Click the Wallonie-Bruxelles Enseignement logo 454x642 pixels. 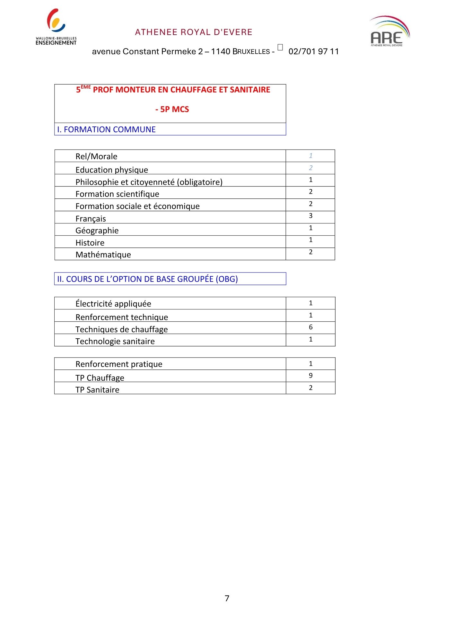pos(56,27)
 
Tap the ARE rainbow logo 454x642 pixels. pos(389,31)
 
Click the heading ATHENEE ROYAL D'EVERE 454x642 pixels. pos(194,32)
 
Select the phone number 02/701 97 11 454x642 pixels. pos(313,51)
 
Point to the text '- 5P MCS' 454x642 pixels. pos(172,109)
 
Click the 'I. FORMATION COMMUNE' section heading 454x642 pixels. pos(106,129)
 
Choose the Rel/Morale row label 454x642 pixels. pos(96,156)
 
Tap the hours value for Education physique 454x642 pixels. pos(310,168)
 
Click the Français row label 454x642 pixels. pos(91,219)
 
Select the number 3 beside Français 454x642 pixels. pos(310,216)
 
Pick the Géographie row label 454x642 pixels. pos(97,230)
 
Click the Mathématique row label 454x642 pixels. pos(103,255)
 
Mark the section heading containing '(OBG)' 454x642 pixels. pos(147,279)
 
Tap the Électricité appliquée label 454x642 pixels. pos(113,304)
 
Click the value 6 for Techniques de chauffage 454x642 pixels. pos(310,327)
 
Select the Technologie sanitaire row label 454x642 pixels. pos(115,341)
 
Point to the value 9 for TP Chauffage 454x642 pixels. pos(310,376)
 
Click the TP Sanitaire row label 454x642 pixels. pos(97,390)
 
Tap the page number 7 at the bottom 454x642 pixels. pos(227,598)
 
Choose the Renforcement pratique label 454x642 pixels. pos(119,364)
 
